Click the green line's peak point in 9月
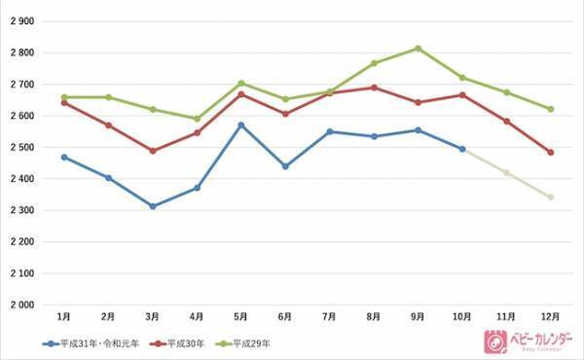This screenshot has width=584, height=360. pos(418,48)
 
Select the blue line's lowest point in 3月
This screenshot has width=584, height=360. pos(153,206)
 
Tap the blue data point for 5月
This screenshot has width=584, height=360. pos(241,125)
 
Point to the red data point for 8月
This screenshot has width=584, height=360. pos(374,88)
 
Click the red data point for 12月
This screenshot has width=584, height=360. pos(550,152)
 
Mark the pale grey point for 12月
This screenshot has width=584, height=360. pos(550,197)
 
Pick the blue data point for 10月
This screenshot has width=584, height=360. pos(462,149)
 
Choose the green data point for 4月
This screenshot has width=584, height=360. pos(198,119)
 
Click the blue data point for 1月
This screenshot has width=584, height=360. pos(64,157)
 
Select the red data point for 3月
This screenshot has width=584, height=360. pos(153,151)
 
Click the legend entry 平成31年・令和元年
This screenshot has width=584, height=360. pos(93,342)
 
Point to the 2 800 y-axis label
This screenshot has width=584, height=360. pos(20,53)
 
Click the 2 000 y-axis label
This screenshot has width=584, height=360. pos(20,305)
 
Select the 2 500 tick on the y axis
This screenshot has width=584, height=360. pos(20,147)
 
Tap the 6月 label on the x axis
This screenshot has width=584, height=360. pos(285,317)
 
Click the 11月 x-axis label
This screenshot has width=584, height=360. pos(506,317)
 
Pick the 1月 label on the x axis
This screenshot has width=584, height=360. pos(64,317)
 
